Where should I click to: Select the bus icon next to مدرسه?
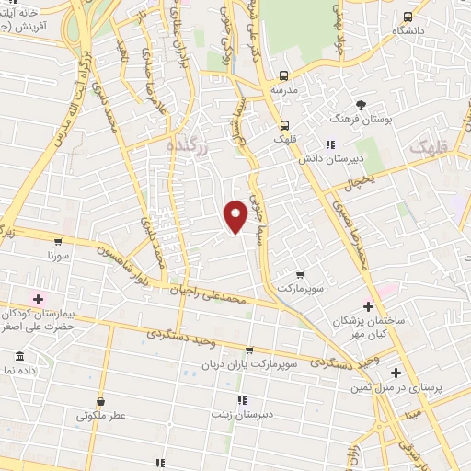coord(284,76)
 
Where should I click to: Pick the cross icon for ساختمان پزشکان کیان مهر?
coord(368,306)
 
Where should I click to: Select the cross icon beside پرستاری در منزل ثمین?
coord(396,373)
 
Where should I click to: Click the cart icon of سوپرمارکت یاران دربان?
coord(250,350)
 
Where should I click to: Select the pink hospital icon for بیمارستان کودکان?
coord(38,298)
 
